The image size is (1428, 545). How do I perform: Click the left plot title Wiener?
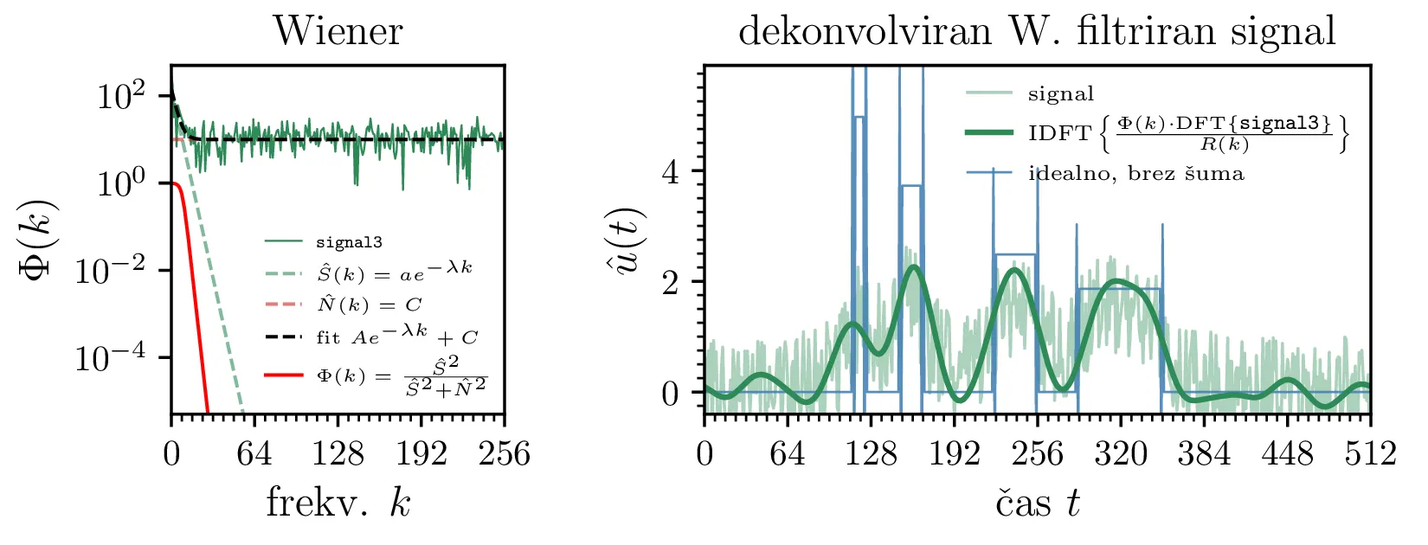(x=338, y=32)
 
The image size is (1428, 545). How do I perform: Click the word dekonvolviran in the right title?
(x=864, y=32)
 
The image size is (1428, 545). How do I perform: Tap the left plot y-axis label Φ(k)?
(x=39, y=239)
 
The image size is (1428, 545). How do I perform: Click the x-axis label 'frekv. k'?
(x=338, y=503)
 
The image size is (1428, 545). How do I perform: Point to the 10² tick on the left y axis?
(x=120, y=95)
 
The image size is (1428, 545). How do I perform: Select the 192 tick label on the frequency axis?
(x=421, y=453)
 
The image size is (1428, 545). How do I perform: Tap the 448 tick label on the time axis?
(x=1287, y=453)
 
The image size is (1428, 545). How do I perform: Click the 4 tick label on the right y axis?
(x=670, y=172)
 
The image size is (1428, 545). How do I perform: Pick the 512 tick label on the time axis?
(x=1370, y=453)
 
